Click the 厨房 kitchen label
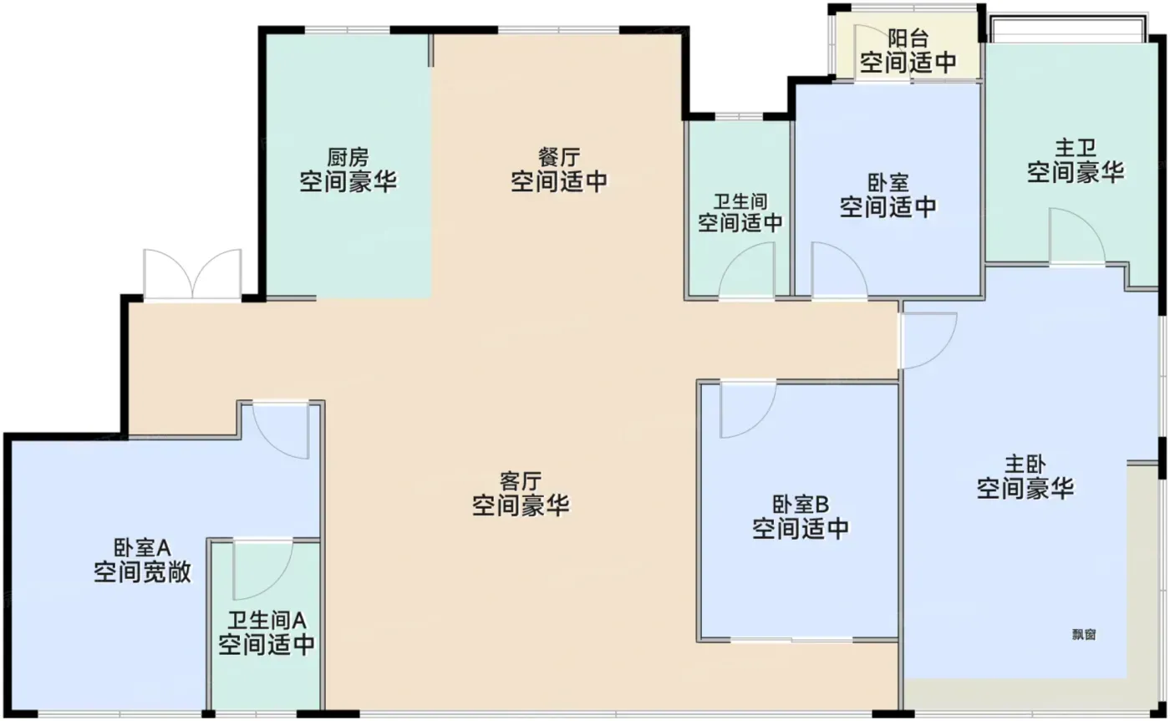(x=348, y=157)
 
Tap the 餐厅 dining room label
(x=559, y=157)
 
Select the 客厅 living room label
(x=520, y=481)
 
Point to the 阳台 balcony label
(x=908, y=38)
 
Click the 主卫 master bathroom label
(x=1076, y=148)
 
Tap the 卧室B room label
(x=801, y=505)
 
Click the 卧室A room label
(x=142, y=548)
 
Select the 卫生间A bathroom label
(x=267, y=621)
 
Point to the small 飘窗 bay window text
(x=1084, y=634)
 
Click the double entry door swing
(x=193, y=274)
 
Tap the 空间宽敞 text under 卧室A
(x=142, y=572)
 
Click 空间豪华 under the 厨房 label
(x=348, y=181)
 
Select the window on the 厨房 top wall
(x=348, y=30)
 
